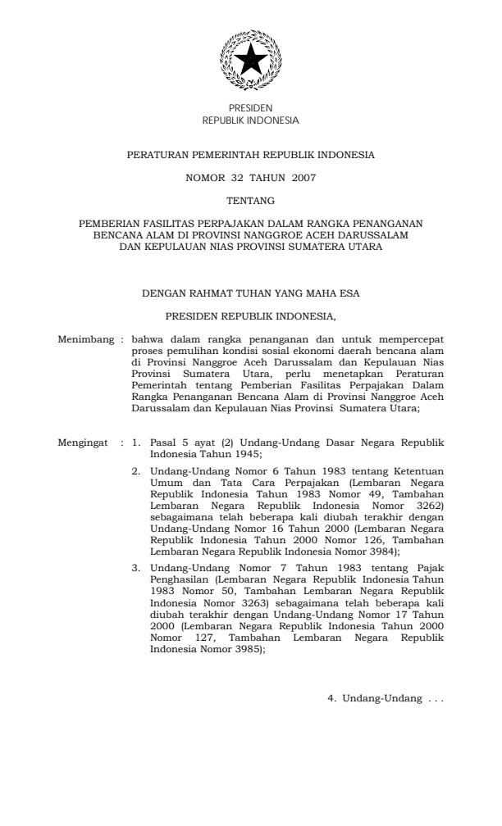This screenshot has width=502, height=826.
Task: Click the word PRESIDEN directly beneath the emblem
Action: tap(250, 108)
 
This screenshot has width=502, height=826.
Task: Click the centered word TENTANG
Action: tap(250, 199)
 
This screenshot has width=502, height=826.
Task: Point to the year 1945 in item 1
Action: tap(246, 453)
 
